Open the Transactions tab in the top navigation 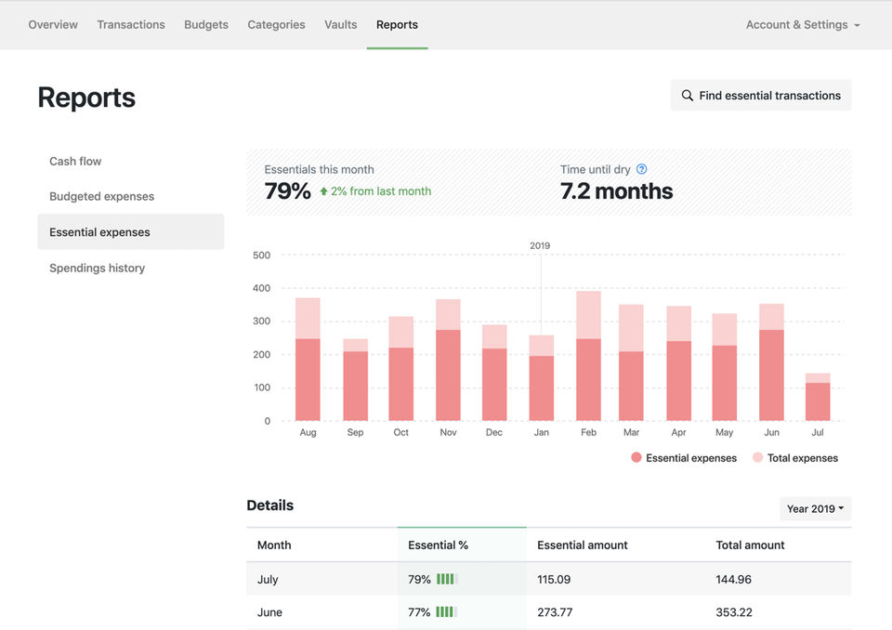[x=131, y=24]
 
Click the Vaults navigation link [x=341, y=24]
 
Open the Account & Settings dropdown [x=803, y=24]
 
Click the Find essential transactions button [x=761, y=96]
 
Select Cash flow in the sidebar [x=75, y=161]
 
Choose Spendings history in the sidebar [x=98, y=268]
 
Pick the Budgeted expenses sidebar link [x=102, y=196]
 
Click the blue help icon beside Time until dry [x=642, y=169]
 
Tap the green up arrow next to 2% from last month [x=323, y=191]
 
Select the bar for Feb [x=588, y=356]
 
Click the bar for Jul [x=818, y=397]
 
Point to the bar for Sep [x=356, y=380]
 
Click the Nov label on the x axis [x=448, y=432]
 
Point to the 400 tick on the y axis [x=262, y=288]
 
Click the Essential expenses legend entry [x=684, y=458]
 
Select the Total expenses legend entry [x=795, y=458]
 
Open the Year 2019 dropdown [x=815, y=509]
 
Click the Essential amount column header [x=583, y=545]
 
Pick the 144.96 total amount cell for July [x=733, y=579]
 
